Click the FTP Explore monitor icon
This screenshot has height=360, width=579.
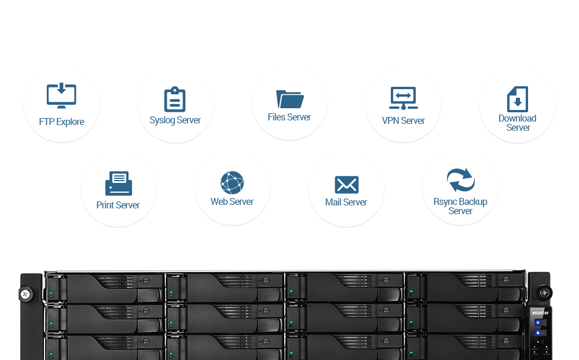point(61,95)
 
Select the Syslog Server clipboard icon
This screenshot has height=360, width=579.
point(175,99)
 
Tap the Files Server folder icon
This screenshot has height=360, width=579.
point(290,100)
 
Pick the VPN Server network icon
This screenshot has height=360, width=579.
point(403,98)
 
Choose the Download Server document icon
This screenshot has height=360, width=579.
point(517,99)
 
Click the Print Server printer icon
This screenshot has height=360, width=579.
point(119,183)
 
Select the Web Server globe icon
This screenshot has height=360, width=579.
point(232,182)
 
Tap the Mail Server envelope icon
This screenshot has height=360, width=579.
point(346,185)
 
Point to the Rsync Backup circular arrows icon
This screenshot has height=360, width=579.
point(460,180)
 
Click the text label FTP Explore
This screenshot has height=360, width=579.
point(61,122)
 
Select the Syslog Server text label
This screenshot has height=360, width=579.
point(175,120)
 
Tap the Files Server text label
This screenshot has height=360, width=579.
point(289,117)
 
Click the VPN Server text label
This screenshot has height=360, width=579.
point(403,121)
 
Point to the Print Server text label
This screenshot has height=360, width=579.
point(118,205)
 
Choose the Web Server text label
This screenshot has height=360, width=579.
point(232,201)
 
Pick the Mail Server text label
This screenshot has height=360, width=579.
point(346,203)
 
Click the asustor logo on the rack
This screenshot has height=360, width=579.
point(540,313)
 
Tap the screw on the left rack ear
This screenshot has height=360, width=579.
point(25,294)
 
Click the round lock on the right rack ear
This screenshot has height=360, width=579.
point(544,293)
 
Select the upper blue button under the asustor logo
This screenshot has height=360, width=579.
point(538,323)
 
